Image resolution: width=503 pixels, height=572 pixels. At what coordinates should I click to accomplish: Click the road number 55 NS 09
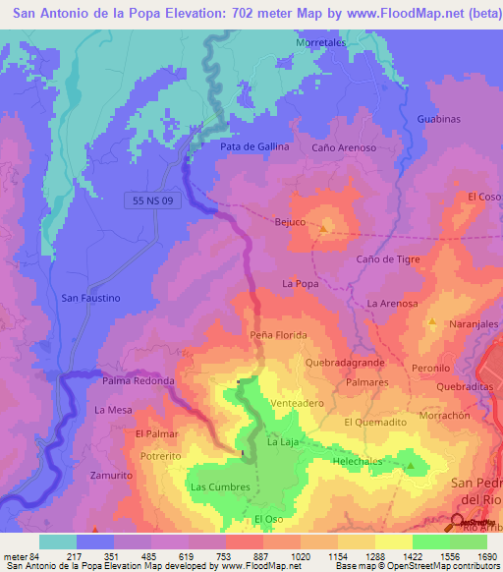153,200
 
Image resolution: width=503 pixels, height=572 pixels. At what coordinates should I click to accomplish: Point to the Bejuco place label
291,222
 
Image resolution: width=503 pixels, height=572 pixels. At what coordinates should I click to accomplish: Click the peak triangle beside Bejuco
325,230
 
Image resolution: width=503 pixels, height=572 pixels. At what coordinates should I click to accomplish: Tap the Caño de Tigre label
388,258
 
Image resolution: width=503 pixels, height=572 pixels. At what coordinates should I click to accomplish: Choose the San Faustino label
90,297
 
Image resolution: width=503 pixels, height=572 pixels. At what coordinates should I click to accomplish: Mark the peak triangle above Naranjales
431,322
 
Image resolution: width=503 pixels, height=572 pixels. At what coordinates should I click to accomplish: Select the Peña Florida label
278,335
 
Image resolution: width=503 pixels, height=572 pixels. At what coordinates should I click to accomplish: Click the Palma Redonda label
139,380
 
